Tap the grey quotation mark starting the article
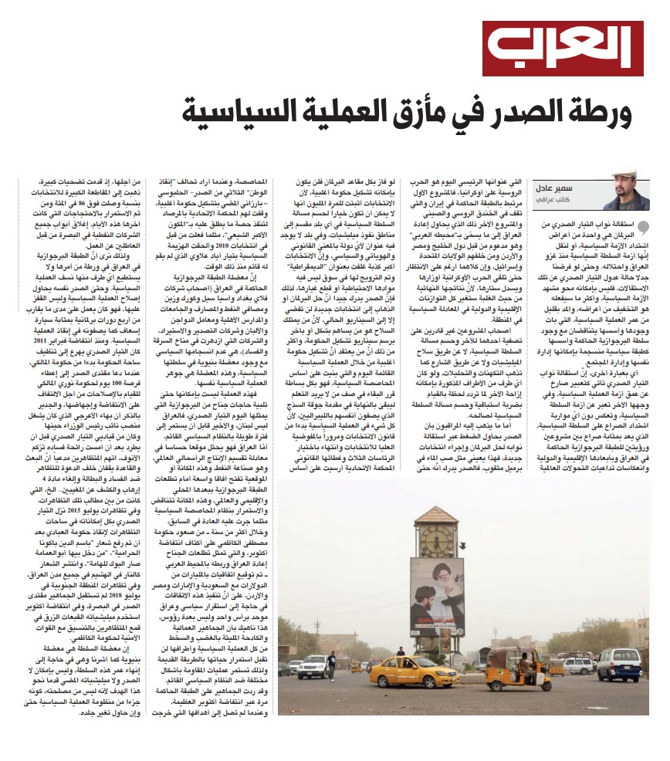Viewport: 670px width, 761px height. coord(645,225)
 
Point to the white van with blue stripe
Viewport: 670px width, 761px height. coord(618,664)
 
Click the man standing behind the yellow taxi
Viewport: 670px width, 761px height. coord(400,652)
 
